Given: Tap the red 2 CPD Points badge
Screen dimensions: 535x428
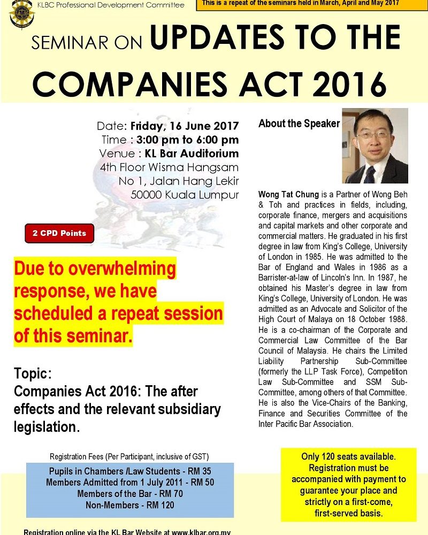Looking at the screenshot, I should (59, 234).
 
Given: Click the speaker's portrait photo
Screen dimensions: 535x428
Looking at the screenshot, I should (374, 146).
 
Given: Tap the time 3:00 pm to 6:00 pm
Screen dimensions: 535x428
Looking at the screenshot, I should (187, 140).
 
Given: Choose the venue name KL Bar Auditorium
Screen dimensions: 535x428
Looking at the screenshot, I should (192, 154).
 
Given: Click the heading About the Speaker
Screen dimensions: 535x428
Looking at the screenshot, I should (299, 124).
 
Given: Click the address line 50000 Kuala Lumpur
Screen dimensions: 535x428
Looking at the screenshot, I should (185, 195).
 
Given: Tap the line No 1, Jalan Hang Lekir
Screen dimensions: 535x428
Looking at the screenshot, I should (179, 181).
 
